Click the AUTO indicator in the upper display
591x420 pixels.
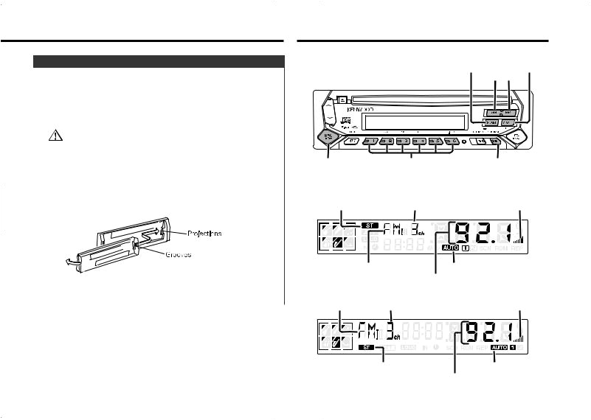[451, 248]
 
